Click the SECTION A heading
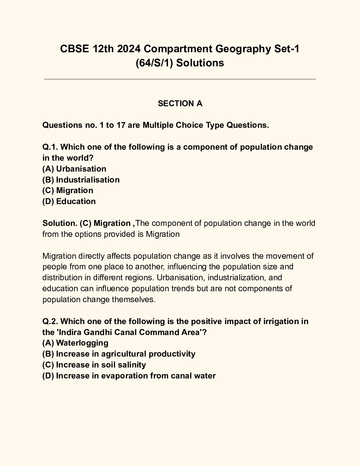(180, 103)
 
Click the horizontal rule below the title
(180, 79)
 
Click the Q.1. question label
(50, 147)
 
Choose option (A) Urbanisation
(74, 169)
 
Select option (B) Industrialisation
(81, 180)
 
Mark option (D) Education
(69, 201)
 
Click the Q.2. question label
(50, 321)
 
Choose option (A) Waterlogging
(75, 343)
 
